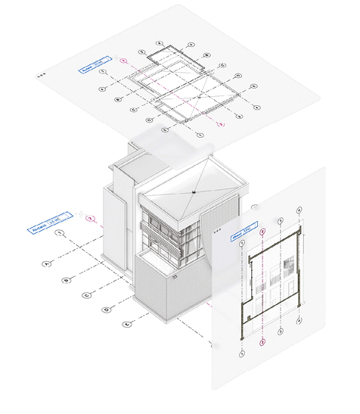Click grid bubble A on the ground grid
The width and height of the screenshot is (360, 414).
point(46,264)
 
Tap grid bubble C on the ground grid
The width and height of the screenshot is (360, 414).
point(86,295)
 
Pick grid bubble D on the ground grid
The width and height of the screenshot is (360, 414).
point(106,310)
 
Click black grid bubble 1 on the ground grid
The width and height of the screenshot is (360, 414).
point(59,233)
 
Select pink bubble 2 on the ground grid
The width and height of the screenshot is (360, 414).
point(91,219)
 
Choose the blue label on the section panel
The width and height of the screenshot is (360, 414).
point(244,231)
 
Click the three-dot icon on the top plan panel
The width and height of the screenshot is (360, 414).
point(41,75)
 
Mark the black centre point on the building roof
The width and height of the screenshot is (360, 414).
point(194,194)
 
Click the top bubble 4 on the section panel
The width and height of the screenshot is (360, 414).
point(299,210)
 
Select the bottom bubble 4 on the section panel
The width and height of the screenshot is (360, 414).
point(299,321)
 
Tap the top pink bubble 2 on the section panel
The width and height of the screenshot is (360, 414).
point(262,232)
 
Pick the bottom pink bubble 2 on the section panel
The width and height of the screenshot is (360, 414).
point(262,342)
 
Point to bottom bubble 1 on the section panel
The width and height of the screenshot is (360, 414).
point(242,353)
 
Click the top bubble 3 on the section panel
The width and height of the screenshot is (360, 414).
point(281,221)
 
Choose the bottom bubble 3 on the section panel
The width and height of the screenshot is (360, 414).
point(281,332)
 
